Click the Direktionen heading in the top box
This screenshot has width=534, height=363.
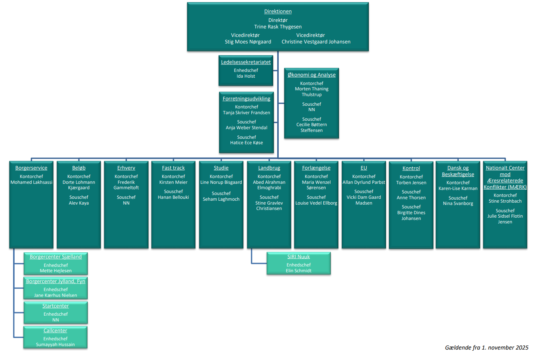(x=278, y=12)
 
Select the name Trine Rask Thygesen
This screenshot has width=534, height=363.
(x=278, y=27)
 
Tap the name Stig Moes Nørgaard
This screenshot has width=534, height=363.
(x=248, y=42)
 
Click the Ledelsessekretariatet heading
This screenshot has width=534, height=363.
(x=246, y=62)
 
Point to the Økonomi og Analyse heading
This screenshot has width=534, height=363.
(x=311, y=75)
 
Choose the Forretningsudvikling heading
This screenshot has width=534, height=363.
(x=246, y=99)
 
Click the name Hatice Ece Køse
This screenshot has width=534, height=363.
(x=246, y=143)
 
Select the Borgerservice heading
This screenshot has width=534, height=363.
(x=31, y=168)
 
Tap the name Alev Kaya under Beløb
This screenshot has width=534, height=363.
(x=79, y=203)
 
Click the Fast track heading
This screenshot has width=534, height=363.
(x=173, y=168)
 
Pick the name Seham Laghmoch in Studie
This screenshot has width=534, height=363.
(x=221, y=199)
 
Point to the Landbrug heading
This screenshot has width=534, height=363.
(x=269, y=168)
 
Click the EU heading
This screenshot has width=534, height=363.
(x=364, y=168)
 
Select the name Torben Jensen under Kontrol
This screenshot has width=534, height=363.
(x=411, y=183)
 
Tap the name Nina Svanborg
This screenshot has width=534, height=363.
(x=458, y=203)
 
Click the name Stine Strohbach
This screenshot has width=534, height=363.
(x=505, y=201)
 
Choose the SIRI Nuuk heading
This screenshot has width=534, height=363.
(x=298, y=257)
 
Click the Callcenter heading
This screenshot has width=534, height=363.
(x=55, y=331)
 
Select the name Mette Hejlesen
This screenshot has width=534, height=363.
(x=56, y=271)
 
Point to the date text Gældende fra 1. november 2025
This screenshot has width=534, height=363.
(x=486, y=348)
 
